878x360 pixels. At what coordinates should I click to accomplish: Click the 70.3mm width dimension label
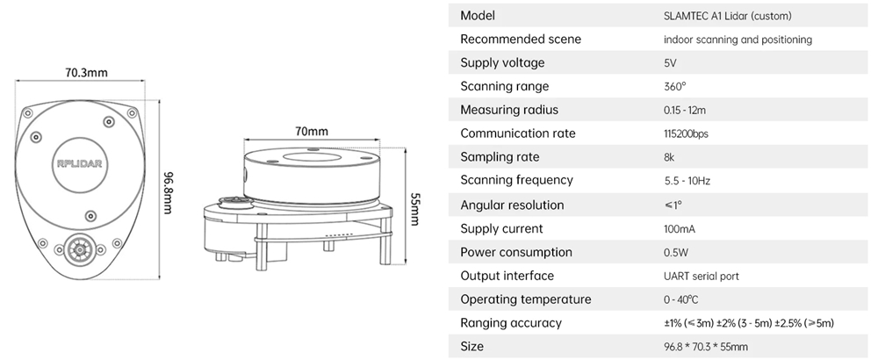pos(86,72)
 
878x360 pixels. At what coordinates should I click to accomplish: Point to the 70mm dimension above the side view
pos(312,132)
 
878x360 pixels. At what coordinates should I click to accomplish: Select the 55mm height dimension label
pos(414,208)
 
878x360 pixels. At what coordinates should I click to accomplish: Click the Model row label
pos(478,16)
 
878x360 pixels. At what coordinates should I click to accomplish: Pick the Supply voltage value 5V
pos(671,63)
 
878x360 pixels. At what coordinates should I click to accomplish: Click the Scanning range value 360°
pos(674,87)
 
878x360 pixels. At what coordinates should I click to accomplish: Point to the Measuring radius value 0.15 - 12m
pos(685,111)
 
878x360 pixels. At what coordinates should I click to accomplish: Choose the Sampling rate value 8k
pos(670,157)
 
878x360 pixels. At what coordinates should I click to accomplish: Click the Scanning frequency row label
pos(516,180)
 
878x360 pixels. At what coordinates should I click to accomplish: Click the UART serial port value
pos(702,277)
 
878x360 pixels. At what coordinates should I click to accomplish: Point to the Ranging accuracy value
pos(749,323)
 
